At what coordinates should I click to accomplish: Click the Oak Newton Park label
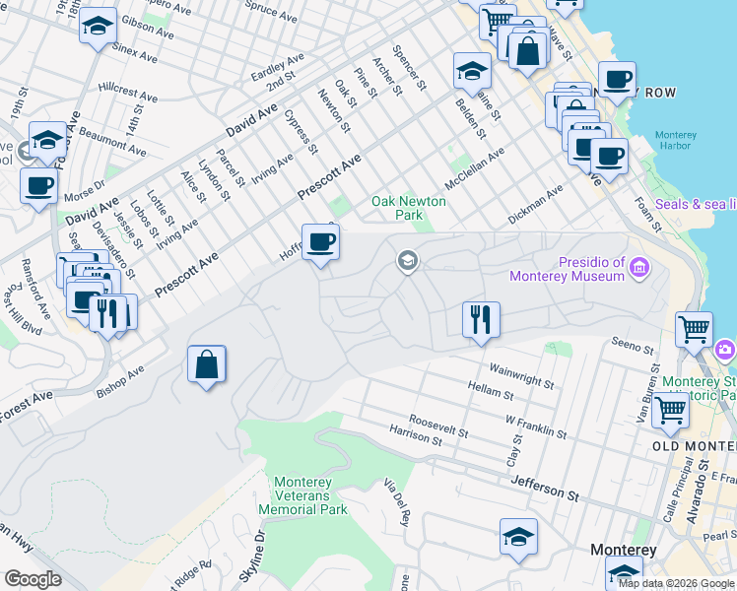tap(408, 208)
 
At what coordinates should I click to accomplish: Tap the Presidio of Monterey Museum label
tap(591, 269)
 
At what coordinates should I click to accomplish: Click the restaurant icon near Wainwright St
tap(481, 321)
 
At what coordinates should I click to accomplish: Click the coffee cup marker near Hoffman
tap(319, 243)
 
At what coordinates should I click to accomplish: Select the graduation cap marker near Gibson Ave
tap(98, 29)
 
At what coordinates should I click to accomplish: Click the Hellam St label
tap(488, 391)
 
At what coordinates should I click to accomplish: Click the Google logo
tap(33, 579)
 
